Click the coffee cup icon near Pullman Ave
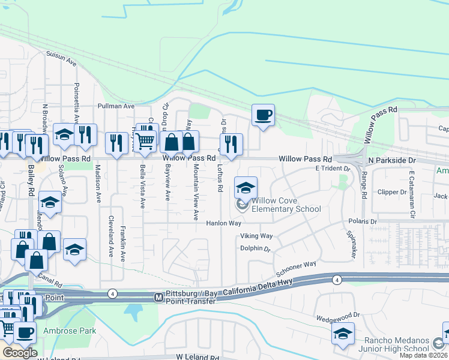[x=262, y=115]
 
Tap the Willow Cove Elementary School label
[x=286, y=205]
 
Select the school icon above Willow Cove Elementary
[x=245, y=188]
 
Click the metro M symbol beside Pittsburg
[x=158, y=297]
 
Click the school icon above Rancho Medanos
[x=343, y=334]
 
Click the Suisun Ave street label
[x=62, y=58]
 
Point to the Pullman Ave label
[x=116, y=106]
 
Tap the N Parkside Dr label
[x=392, y=161]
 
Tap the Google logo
[x=20, y=353]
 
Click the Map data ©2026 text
[x=423, y=356]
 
